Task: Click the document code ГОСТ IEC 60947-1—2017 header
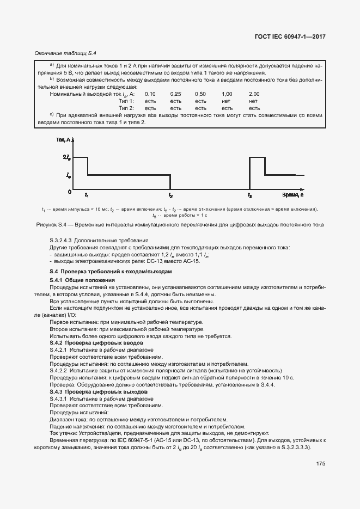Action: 294,37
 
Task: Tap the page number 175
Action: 320,464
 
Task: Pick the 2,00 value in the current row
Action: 254,94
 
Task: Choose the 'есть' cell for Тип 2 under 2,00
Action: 254,108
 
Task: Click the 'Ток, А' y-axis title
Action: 63,141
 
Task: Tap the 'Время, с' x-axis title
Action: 293,194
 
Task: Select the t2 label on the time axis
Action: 170,195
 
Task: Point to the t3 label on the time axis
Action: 249,195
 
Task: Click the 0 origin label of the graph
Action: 69,192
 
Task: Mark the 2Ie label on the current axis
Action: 67,157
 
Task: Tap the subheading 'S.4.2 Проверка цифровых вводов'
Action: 96,344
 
